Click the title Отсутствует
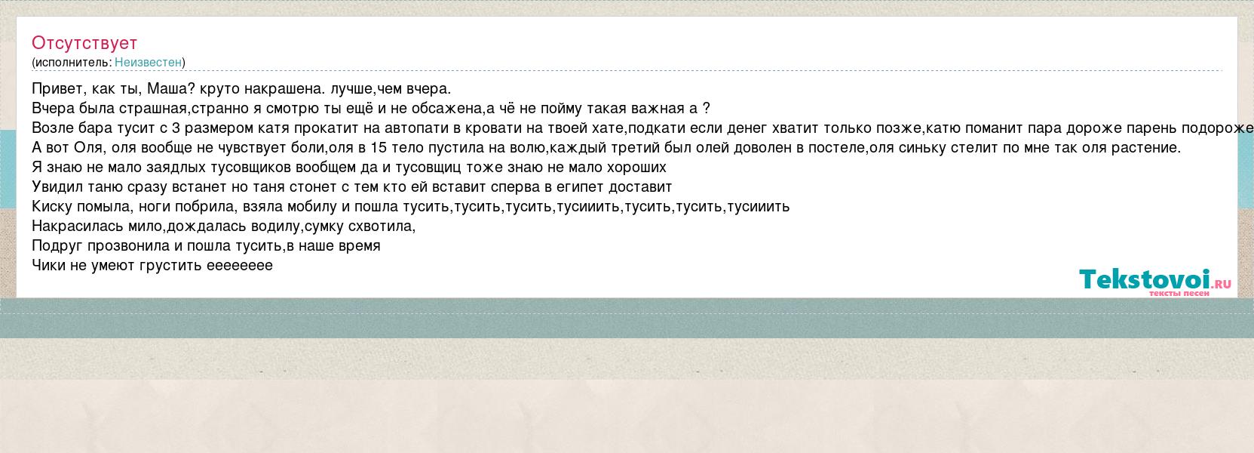point(84,43)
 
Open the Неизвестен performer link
point(149,62)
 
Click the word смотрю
point(293,109)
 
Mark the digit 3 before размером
point(176,128)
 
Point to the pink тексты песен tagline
point(1179,293)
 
